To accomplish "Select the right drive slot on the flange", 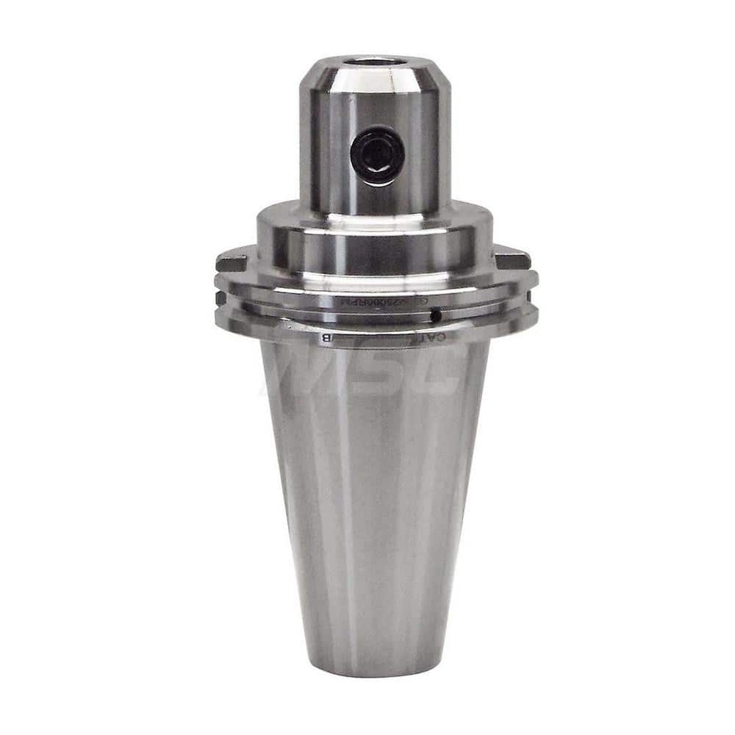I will click(x=513, y=259).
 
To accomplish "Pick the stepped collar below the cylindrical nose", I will click(x=375, y=235).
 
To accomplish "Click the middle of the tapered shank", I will click(x=375, y=500).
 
